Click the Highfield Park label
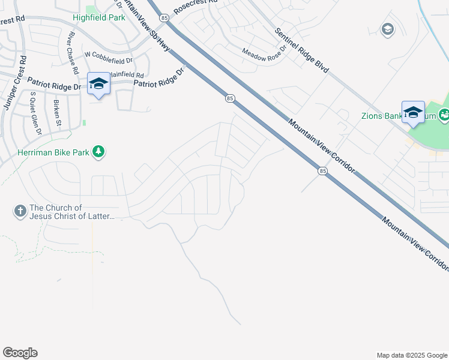99,17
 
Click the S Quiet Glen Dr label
34,113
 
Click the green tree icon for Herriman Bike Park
99,152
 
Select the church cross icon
20,211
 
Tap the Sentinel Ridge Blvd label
301,51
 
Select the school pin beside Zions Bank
413,113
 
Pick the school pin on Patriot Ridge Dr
98,84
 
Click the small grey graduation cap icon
387,29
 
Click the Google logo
20,353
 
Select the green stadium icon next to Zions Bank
444,114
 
